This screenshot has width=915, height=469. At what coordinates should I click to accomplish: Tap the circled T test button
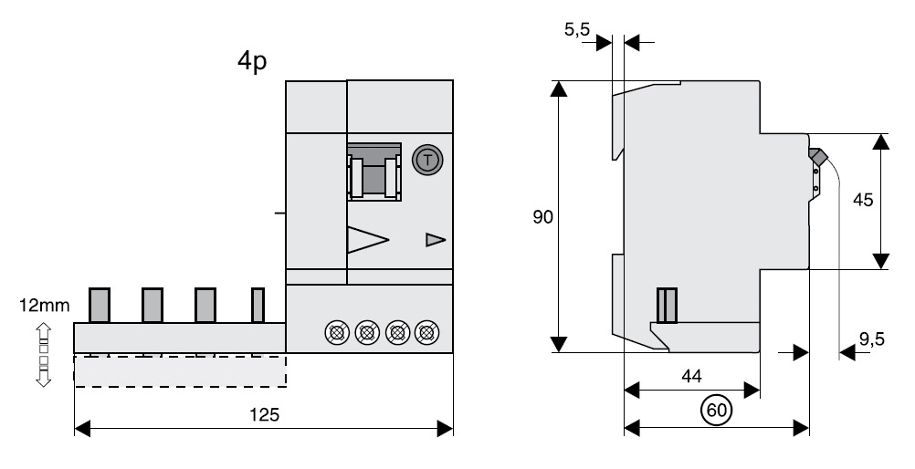coord(426,161)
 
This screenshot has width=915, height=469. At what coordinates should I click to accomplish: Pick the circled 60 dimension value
coord(717,412)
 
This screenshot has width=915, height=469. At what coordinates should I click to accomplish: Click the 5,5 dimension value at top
coord(577,30)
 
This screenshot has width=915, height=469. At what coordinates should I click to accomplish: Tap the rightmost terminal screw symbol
coord(425,330)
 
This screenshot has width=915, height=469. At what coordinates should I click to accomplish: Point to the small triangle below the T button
coord(435,240)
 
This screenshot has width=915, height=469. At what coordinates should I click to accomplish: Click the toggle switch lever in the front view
coord(373,172)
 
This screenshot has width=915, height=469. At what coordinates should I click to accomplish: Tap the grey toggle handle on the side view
coord(818,157)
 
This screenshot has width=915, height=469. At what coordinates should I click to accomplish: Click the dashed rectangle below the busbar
coord(180,370)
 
